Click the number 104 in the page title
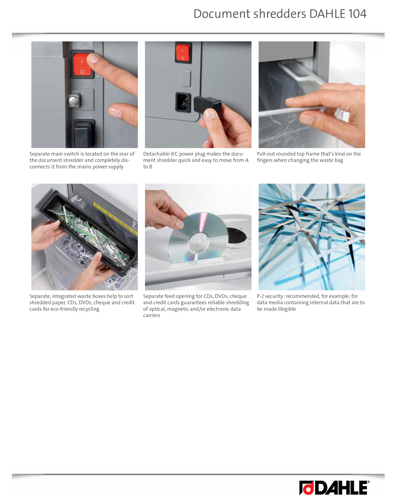[x=357, y=14]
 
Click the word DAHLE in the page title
[x=328, y=14]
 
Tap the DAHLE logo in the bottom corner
[x=334, y=488]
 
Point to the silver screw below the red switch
[x=74, y=101]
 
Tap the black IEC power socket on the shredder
[x=183, y=102]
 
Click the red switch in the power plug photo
[x=183, y=53]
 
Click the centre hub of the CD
[x=198, y=243]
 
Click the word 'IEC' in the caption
[x=174, y=154]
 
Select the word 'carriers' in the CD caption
[x=152, y=315]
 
